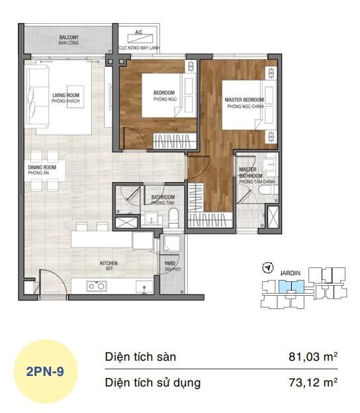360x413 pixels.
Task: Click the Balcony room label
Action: pos(69,40)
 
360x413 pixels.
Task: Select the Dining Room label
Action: pos(42,170)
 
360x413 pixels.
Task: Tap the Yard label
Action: pos(169,267)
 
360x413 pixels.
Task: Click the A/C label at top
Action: pos(138,32)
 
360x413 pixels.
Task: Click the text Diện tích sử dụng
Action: pos(153,383)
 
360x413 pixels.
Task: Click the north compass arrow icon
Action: pos(267,268)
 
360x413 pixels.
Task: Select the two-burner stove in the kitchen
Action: pos(97,286)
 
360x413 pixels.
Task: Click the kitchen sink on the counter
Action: pos(141,286)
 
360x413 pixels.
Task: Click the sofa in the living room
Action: pos(36,99)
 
